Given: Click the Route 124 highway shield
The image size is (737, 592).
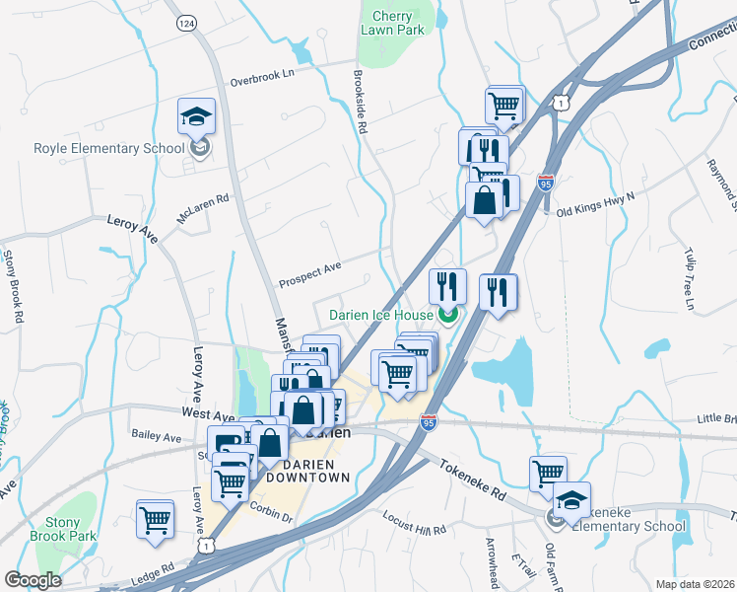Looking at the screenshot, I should pyautogui.click(x=185, y=21).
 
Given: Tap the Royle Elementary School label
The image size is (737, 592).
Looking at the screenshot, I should pyautogui.click(x=109, y=148).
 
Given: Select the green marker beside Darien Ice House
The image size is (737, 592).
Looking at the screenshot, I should pyautogui.click(x=448, y=316).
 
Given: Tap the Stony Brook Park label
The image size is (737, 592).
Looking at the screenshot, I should pyautogui.click(x=76, y=530).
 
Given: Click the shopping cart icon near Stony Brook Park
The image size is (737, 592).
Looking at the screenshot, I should pyautogui.click(x=156, y=518).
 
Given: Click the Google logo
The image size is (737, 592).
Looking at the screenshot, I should pyautogui.click(x=33, y=580).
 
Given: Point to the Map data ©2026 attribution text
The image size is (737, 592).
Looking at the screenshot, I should pyautogui.click(x=696, y=584).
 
